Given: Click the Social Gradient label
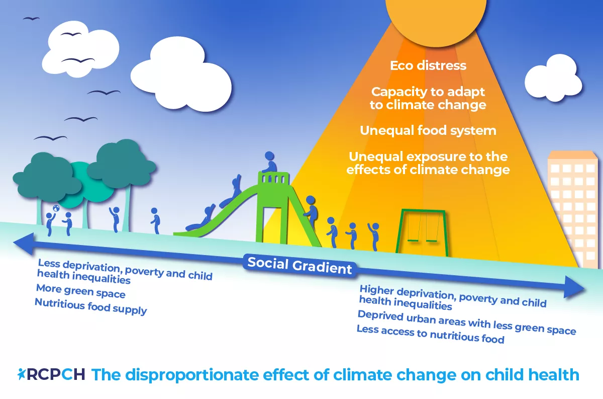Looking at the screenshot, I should pos(300,265).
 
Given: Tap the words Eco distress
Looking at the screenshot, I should pos(428,65).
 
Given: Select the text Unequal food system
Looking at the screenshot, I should pos(428,130).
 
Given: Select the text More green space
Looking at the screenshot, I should pos(80,291).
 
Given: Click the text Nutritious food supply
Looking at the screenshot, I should pos(90,306).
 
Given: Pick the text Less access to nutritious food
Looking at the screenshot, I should pos(430,335).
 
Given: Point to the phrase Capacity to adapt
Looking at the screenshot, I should pos(428,92).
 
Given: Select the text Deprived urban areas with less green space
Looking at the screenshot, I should pos(466,323).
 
